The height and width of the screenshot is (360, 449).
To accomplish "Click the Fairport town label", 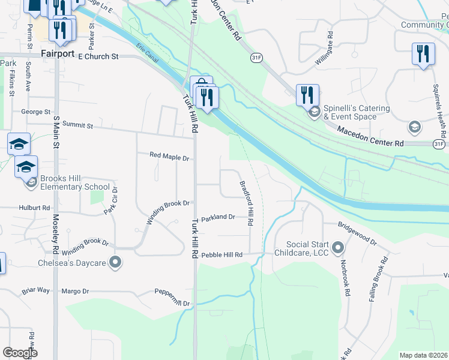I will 58,53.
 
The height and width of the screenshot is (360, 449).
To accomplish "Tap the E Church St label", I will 100,56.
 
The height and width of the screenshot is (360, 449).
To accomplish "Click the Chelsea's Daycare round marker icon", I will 115,262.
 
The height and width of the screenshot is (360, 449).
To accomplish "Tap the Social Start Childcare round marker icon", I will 337,247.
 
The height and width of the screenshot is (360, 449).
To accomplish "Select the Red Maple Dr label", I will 169,157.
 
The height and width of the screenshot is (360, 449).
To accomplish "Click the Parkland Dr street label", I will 218,218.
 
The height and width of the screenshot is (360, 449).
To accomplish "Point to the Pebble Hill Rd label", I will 221,254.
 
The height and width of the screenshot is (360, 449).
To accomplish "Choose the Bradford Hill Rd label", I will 246,204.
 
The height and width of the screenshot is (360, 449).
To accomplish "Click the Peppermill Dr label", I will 172,304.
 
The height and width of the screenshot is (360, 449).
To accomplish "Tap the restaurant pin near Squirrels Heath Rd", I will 423,53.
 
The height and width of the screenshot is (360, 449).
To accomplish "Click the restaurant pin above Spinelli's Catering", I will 307,94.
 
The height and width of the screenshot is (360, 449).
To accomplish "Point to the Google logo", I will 20,353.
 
